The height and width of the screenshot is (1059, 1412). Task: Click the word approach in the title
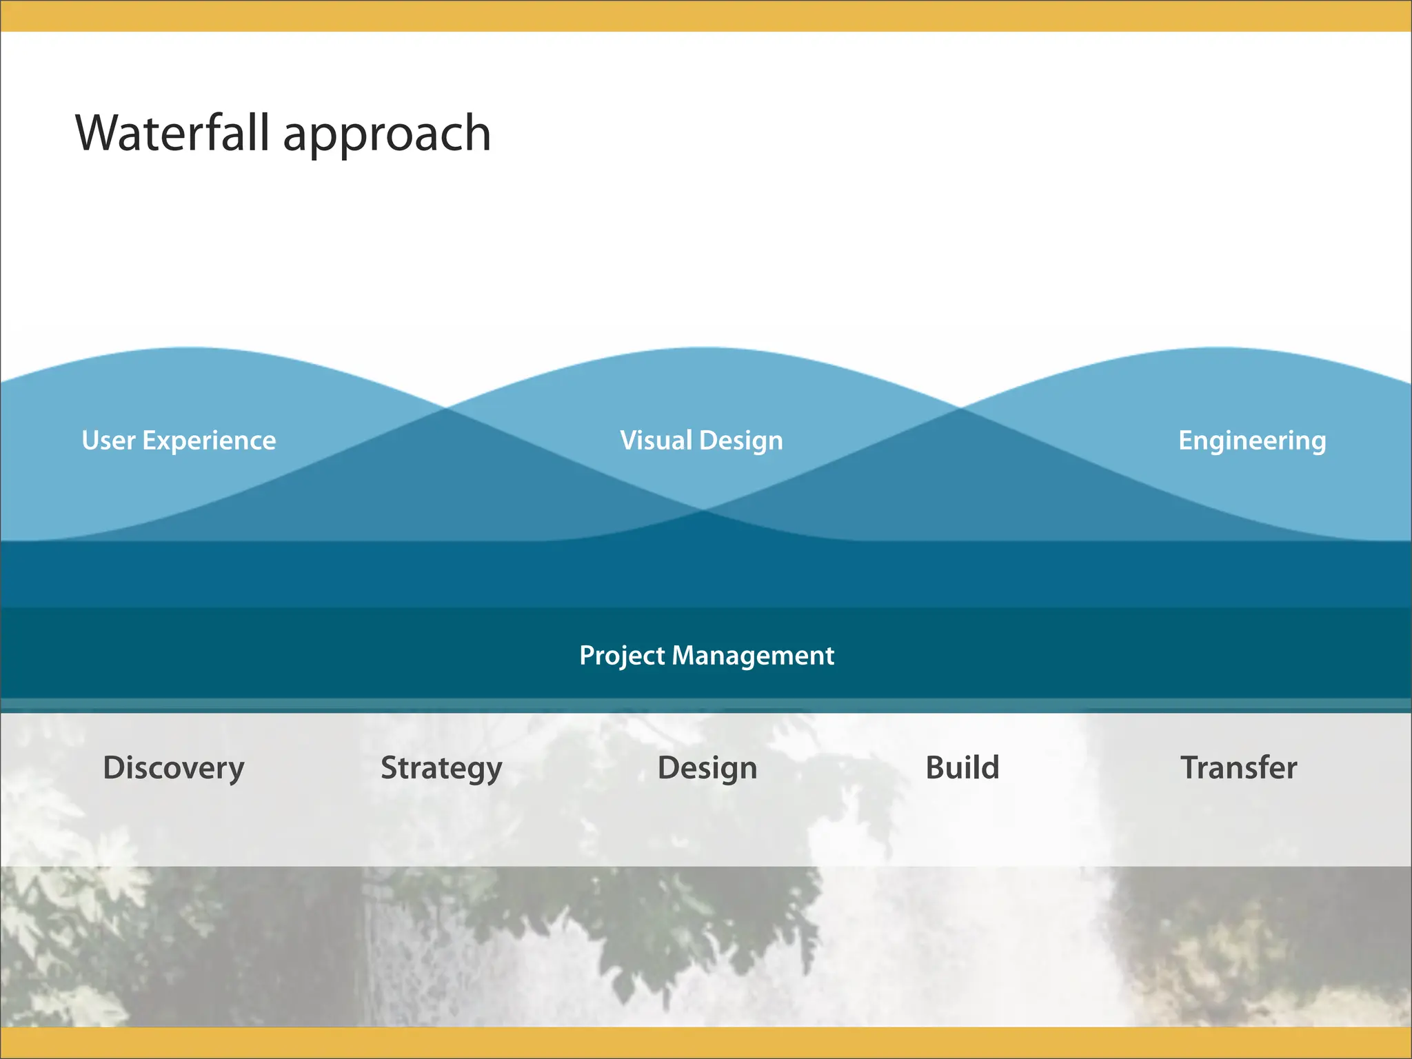tap(387, 137)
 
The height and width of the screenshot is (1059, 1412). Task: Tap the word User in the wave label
tap(108, 441)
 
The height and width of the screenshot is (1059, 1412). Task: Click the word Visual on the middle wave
tap(656, 441)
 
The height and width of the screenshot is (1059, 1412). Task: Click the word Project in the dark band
tap(622, 656)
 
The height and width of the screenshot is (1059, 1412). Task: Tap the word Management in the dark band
tap(753, 656)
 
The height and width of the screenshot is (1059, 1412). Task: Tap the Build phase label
tap(962, 767)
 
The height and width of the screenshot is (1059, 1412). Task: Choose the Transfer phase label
tap(1239, 767)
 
